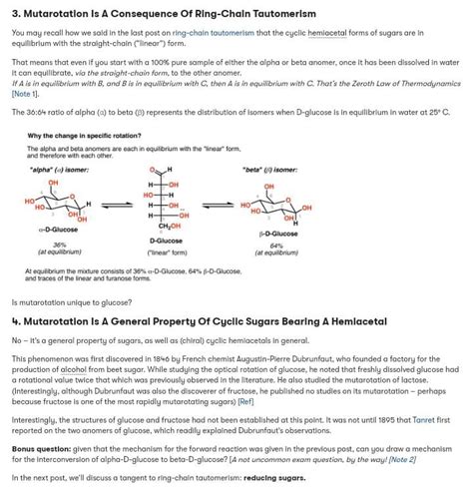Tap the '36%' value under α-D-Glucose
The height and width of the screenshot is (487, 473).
click(x=59, y=244)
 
